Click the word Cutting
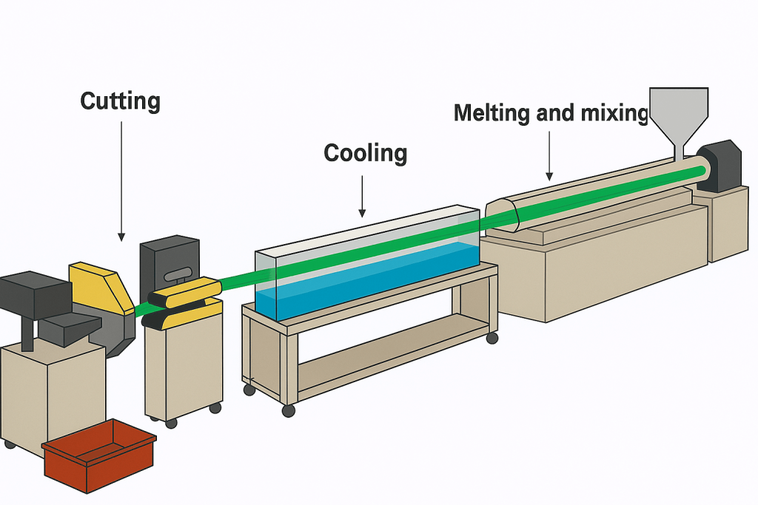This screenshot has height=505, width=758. point(120,101)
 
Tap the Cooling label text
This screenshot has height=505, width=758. point(365,153)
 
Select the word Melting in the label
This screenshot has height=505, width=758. point(493,113)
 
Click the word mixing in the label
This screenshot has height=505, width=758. point(614,113)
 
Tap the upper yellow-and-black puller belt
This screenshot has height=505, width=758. point(185,291)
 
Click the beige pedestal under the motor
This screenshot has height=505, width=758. point(729,222)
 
